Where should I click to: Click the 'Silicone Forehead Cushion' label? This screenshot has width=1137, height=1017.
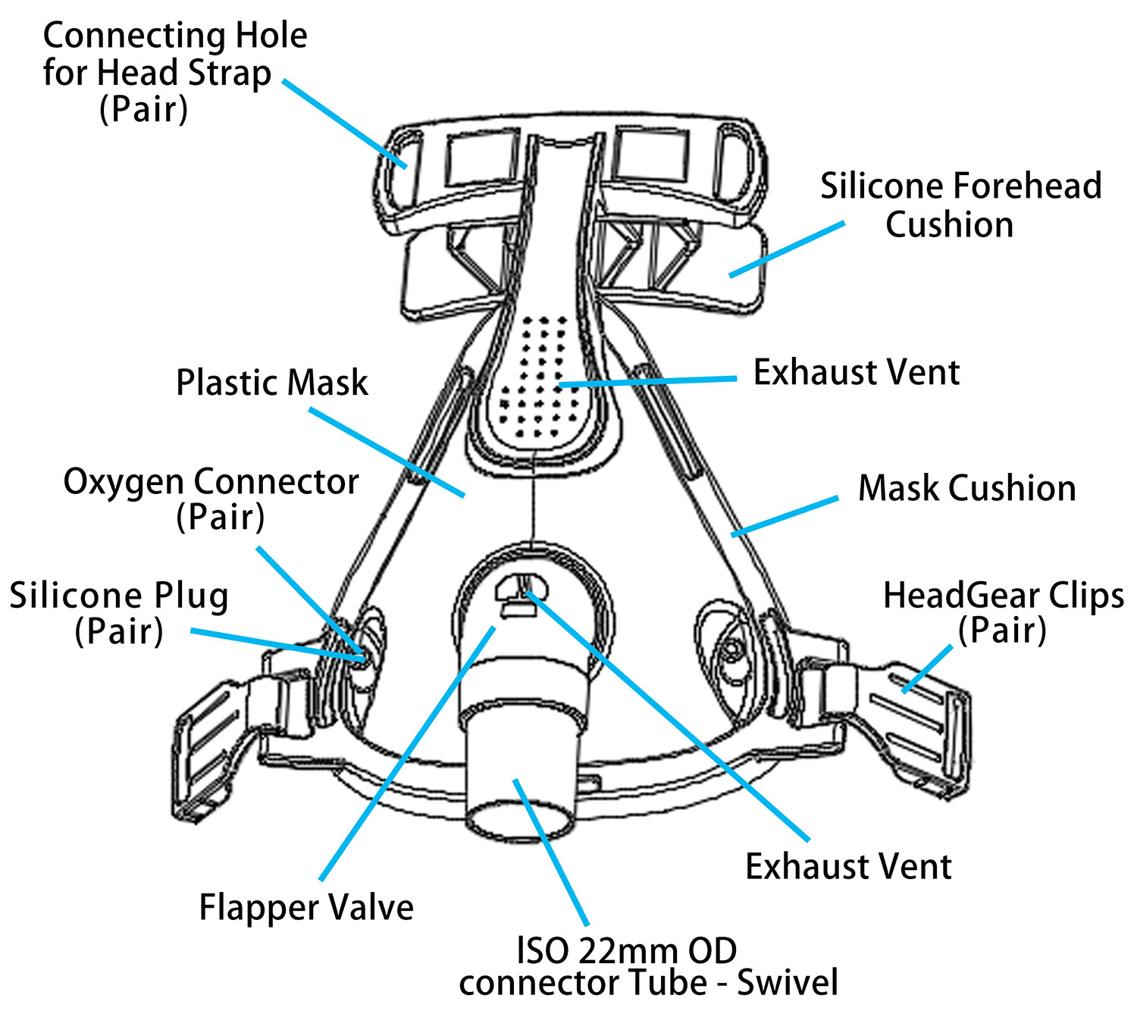(x=960, y=205)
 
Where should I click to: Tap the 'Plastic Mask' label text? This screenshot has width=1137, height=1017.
(x=271, y=383)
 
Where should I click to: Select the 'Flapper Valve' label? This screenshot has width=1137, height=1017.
(x=306, y=907)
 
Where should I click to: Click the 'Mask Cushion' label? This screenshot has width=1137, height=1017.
(x=966, y=489)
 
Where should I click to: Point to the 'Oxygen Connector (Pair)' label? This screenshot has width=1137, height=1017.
(x=211, y=499)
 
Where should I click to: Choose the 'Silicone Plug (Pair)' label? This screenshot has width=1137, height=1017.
(x=119, y=613)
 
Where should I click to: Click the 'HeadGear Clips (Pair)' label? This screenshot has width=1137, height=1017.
(x=1003, y=612)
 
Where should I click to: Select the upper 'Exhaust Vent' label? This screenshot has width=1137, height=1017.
(x=857, y=373)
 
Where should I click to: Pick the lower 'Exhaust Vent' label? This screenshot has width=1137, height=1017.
(x=848, y=866)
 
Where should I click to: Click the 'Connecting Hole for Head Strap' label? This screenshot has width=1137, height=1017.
(x=174, y=72)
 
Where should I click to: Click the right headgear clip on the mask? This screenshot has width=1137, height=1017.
(x=910, y=720)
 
